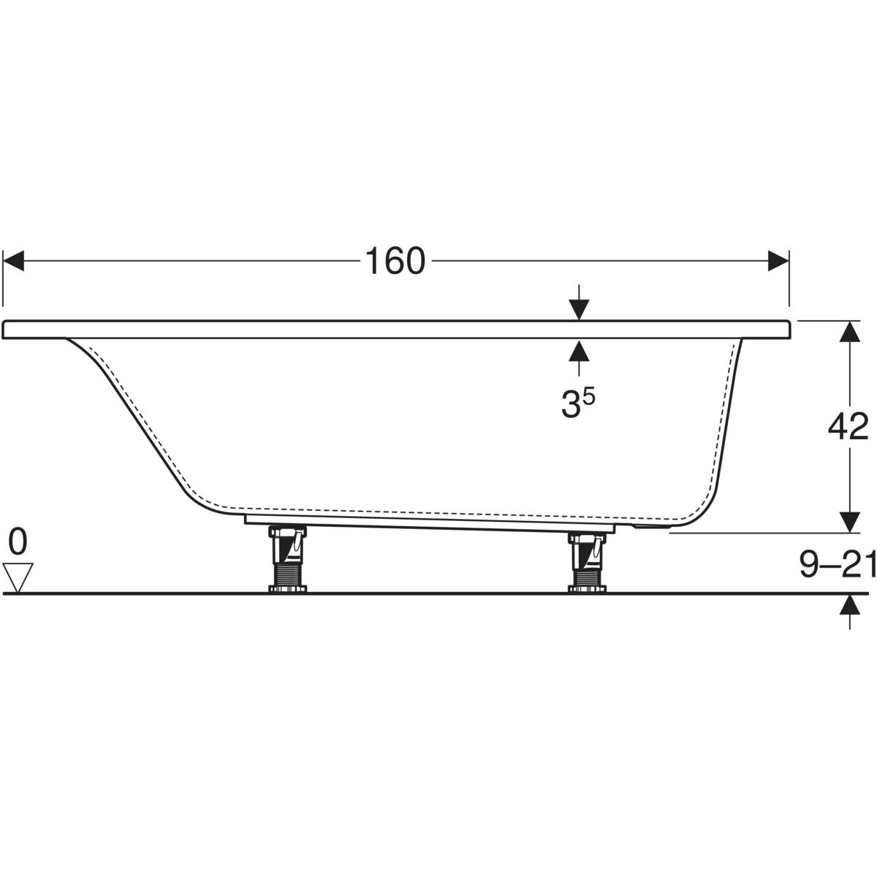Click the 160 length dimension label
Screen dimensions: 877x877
click(x=395, y=261)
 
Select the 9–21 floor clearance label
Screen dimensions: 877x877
click(x=838, y=564)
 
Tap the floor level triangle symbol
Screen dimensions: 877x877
click(x=18, y=577)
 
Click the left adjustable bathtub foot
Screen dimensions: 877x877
click(x=288, y=559)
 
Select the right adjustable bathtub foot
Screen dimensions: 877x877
click(x=587, y=563)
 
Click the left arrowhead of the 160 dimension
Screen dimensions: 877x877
click(x=13, y=261)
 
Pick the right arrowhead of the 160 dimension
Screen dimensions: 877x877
click(x=778, y=261)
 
